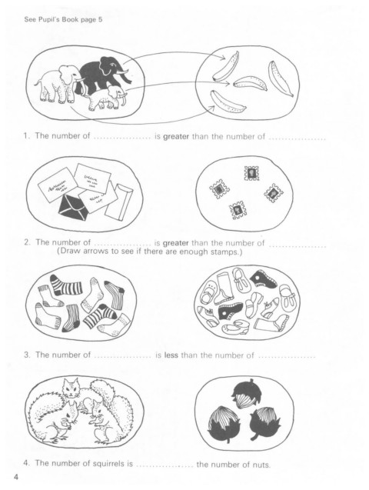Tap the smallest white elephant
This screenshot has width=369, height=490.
[107, 97]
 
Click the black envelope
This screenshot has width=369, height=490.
[74, 207]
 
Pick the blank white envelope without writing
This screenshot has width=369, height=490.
[119, 201]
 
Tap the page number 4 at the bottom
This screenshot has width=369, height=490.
[16, 477]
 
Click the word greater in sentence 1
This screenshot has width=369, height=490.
[176, 137]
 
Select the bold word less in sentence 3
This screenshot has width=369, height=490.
[171, 355]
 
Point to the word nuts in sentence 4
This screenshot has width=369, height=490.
[261, 465]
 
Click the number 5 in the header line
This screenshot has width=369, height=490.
[100, 20]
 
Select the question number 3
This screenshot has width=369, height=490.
[27, 355]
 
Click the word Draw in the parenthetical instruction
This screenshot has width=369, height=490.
[69, 251]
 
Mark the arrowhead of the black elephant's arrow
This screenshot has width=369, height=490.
[223, 57]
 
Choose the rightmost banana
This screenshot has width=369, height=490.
[280, 78]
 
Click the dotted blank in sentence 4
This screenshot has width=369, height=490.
[165, 465]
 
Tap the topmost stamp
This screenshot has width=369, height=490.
[251, 173]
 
